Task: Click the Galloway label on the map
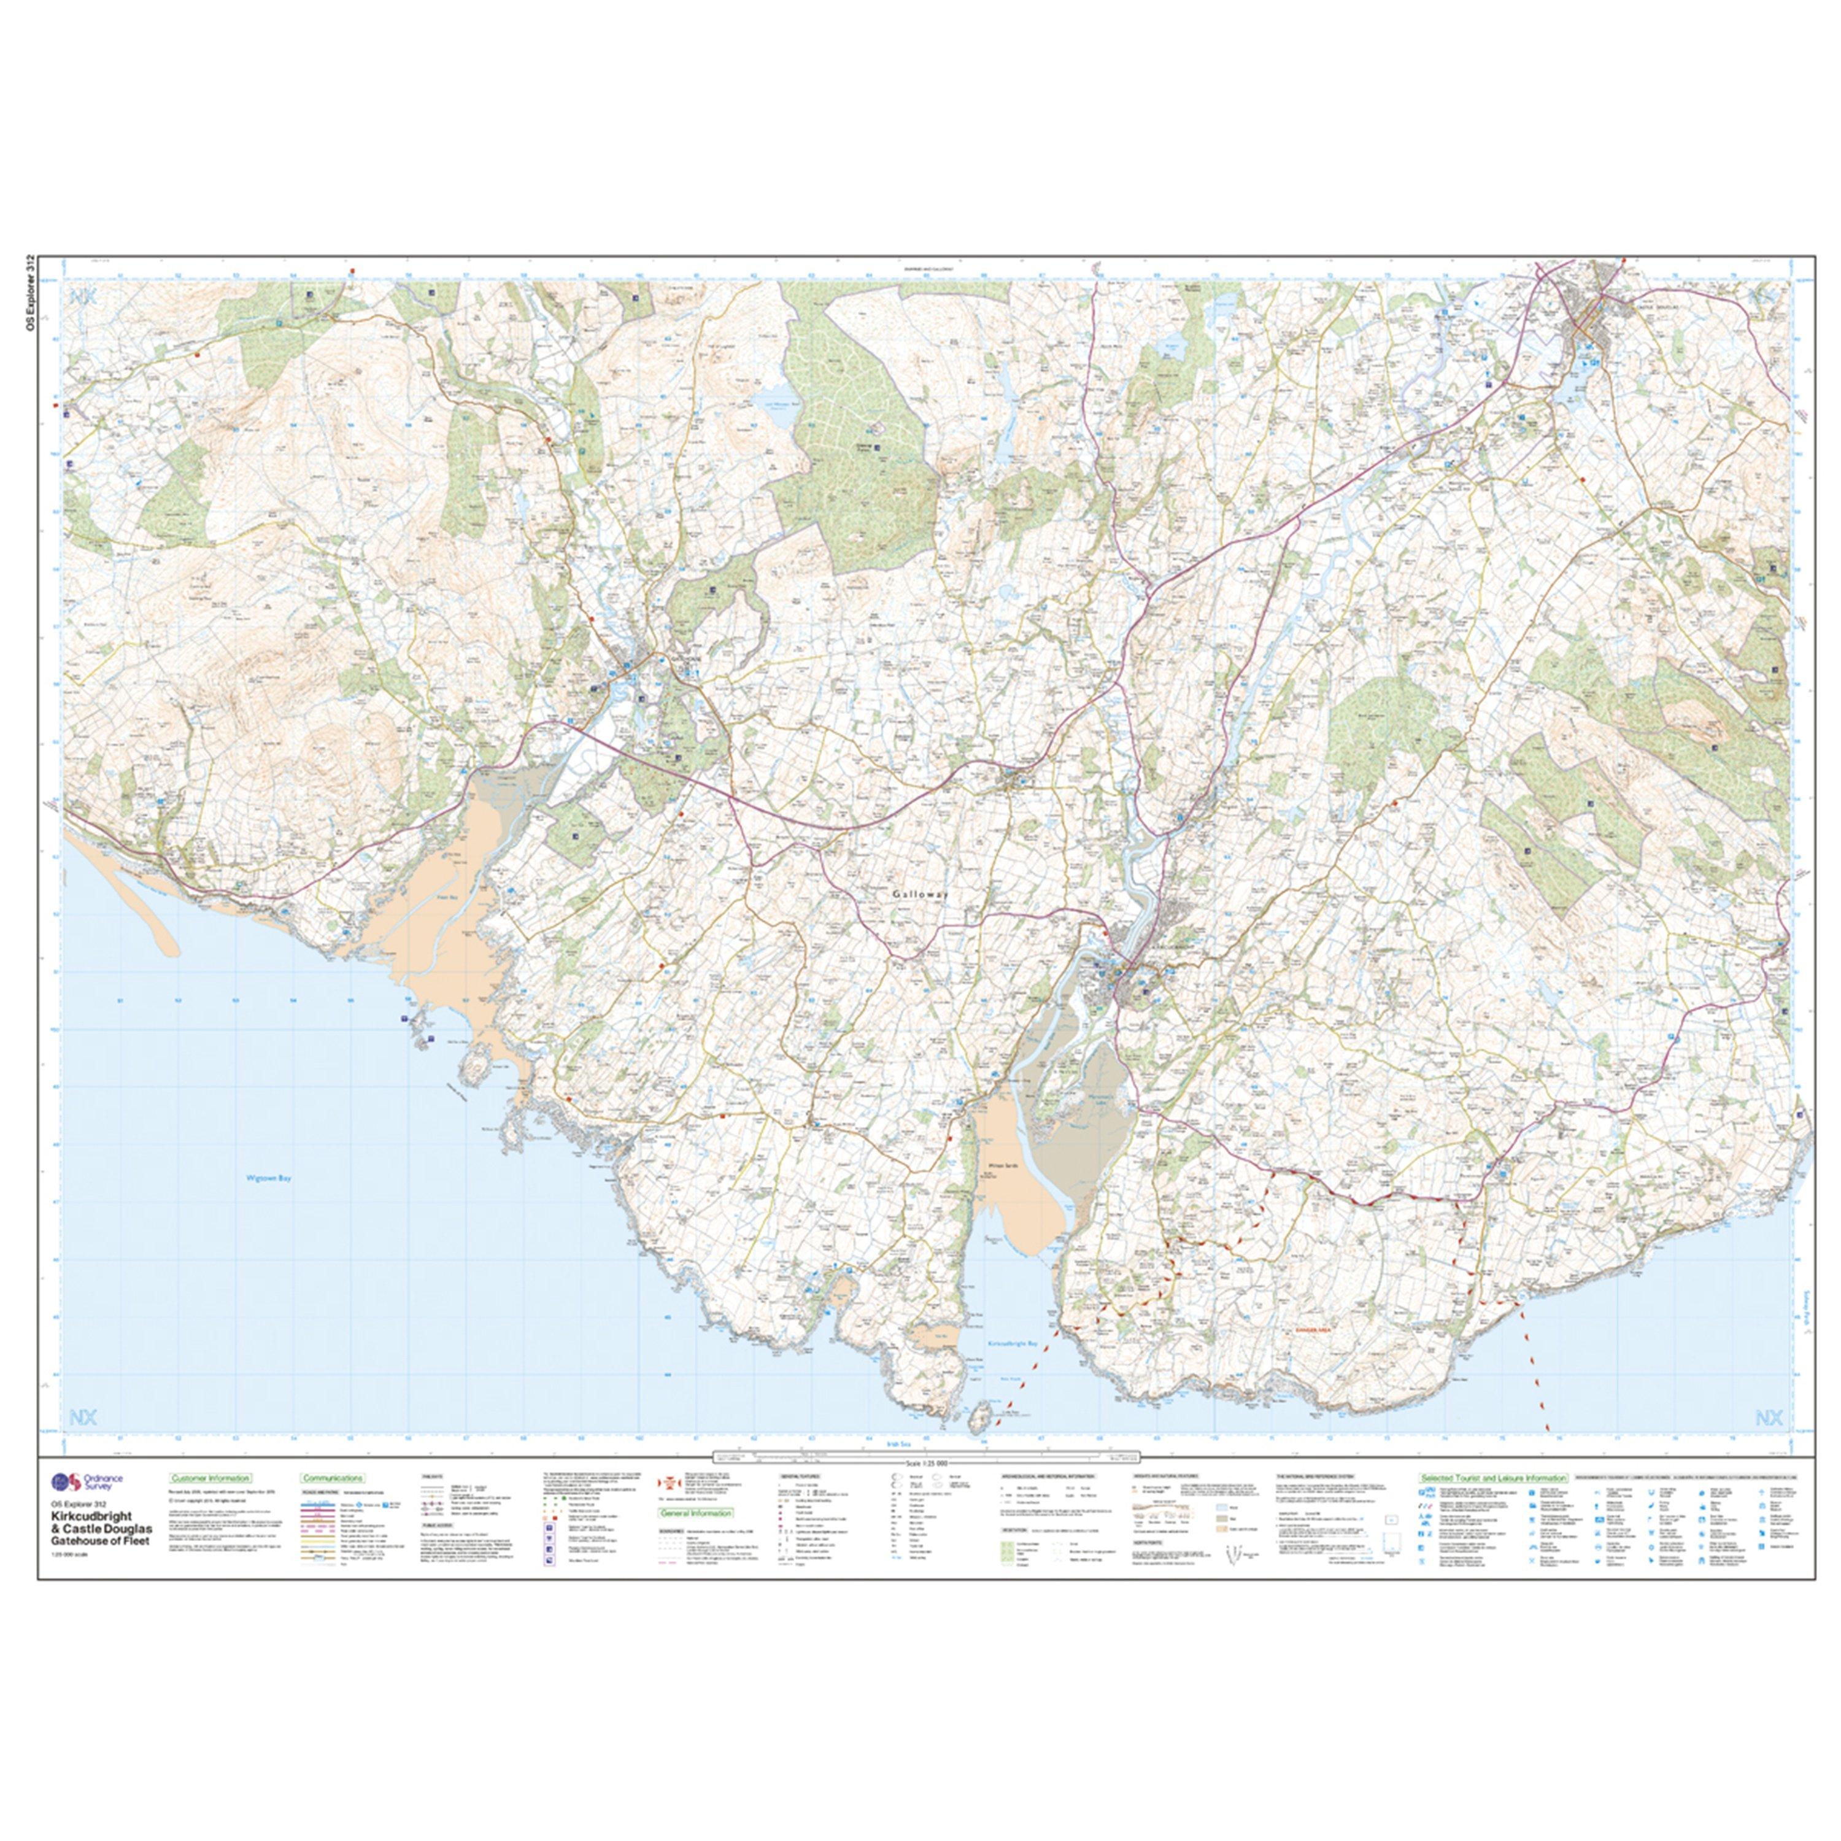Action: coord(922,895)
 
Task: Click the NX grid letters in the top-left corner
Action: coord(83,296)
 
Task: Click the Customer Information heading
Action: coord(208,1478)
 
